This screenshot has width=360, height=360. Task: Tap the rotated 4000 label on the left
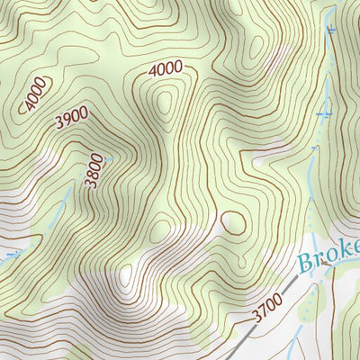(35, 94)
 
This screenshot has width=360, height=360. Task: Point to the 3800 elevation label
(94, 170)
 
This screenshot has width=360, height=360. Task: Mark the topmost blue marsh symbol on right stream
(331, 30)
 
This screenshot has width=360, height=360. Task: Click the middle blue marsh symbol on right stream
(326, 113)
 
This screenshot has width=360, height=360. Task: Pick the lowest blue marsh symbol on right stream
(314, 147)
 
